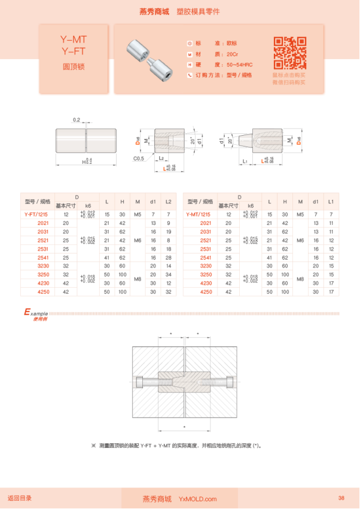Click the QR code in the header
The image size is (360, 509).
pyautogui.click(x=290, y=53)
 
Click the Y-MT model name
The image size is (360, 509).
pyautogui.click(x=74, y=40)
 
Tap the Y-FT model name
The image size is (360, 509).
pyautogui.click(x=74, y=51)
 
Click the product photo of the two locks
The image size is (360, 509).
pyautogui.click(x=150, y=58)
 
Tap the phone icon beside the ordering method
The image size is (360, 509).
pyautogui.click(x=190, y=75)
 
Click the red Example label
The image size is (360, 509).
pyautogui.click(x=35, y=313)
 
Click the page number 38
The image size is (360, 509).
pyautogui.click(x=341, y=498)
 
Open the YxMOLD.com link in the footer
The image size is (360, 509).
pyautogui.click(x=198, y=499)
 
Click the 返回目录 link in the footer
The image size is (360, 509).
pyautogui.click(x=20, y=498)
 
